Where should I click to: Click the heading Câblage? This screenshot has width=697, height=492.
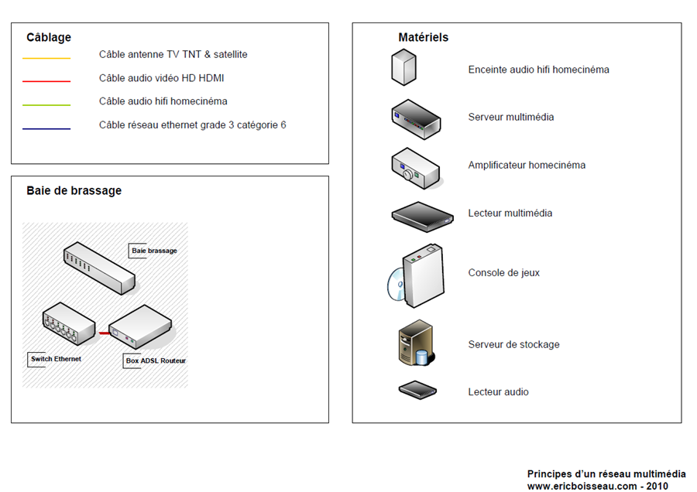[x=49, y=37]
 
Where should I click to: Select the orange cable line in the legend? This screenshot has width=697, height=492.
[x=46, y=58]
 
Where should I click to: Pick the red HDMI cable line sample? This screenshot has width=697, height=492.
[x=46, y=80]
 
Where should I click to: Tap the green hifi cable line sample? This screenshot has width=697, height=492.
[x=46, y=104]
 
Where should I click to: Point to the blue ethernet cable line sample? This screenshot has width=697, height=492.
[x=46, y=128]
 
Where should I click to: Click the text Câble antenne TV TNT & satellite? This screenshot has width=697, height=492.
[x=173, y=55]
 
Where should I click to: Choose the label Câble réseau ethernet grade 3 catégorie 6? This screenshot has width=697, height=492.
[x=193, y=125]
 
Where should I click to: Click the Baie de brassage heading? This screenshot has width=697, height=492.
[x=74, y=191]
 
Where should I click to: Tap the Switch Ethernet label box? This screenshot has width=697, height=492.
[x=56, y=359]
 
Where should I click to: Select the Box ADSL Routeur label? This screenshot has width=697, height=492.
[x=156, y=360]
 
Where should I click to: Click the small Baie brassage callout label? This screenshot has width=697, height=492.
[x=154, y=251]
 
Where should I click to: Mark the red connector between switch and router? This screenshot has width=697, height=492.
[x=103, y=333]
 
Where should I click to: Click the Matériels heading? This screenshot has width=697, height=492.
[x=423, y=37]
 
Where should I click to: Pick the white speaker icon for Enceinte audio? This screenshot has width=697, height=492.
[x=403, y=67]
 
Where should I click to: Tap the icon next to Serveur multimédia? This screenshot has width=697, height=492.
[x=416, y=118]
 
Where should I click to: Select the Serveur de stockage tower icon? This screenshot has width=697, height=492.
[x=416, y=343]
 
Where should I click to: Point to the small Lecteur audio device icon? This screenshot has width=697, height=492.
[x=417, y=390]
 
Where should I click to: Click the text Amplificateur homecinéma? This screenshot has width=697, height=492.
[x=527, y=166]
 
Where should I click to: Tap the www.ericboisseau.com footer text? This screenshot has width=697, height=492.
[x=597, y=486]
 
